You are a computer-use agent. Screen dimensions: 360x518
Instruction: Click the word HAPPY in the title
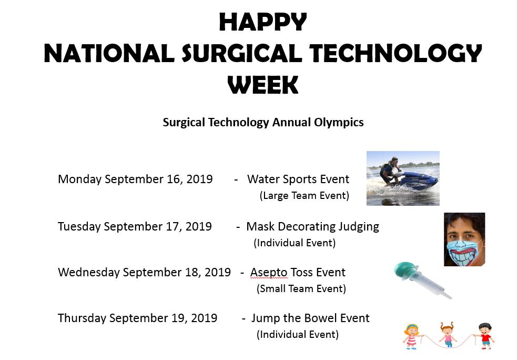pyautogui.click(x=262, y=22)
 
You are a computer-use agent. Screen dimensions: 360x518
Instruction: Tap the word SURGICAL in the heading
pyautogui.click(x=242, y=54)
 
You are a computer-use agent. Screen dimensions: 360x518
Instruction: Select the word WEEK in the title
pyautogui.click(x=262, y=85)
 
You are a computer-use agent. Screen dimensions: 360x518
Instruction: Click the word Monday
pyautogui.click(x=79, y=179)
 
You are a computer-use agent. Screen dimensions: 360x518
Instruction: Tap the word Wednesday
pyautogui.click(x=89, y=272)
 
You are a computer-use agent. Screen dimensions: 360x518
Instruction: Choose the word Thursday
pyautogui.click(x=82, y=318)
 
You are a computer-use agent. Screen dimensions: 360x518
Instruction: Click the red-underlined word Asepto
pyautogui.click(x=269, y=272)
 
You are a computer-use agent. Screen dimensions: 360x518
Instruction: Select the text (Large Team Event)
pyautogui.click(x=304, y=196)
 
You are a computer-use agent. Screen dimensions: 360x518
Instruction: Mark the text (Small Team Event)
pyautogui.click(x=301, y=288)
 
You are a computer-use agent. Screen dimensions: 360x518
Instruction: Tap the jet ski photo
pyautogui.click(x=403, y=178)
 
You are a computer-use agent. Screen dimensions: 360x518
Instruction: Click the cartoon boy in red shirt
pyautogui.click(x=485, y=336)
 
